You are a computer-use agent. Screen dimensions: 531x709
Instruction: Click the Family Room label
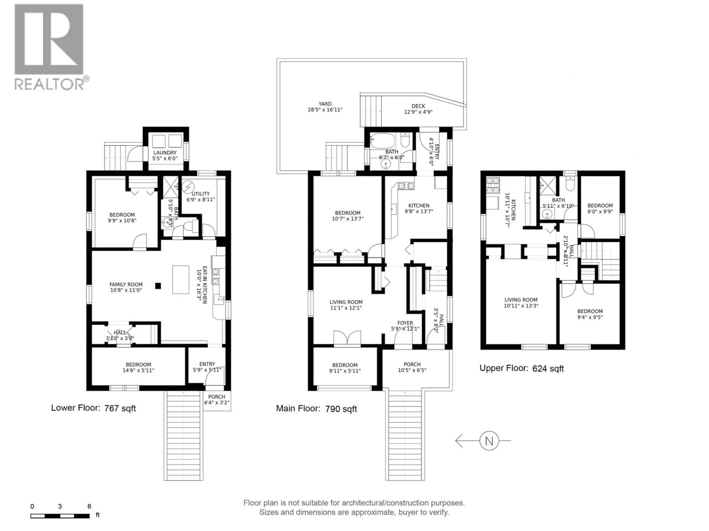click(126, 287)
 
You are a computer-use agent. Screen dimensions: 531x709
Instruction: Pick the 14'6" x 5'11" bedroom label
click(138, 367)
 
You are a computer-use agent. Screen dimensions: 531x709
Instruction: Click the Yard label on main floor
click(325, 107)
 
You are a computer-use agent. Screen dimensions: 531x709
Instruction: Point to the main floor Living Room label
click(346, 305)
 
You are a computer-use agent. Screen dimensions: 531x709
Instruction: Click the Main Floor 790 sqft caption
click(316, 409)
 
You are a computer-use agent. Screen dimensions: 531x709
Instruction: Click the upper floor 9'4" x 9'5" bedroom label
click(590, 314)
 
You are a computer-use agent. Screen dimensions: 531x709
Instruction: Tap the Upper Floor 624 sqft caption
click(521, 368)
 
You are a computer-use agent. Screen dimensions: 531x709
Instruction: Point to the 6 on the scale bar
click(89, 506)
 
